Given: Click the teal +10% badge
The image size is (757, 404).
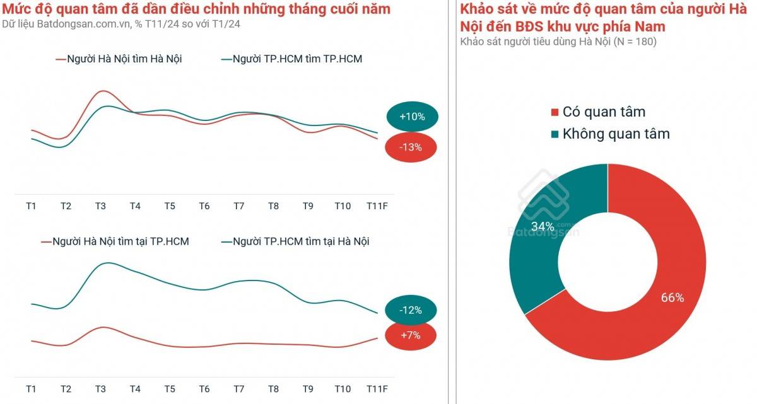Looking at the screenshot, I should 412,117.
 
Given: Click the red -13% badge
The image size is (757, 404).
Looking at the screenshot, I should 411,147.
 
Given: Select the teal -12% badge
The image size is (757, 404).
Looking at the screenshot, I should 410,310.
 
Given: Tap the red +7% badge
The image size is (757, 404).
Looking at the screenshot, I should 410,335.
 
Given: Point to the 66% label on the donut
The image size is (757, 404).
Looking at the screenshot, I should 672,298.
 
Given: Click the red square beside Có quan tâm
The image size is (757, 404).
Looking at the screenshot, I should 555,113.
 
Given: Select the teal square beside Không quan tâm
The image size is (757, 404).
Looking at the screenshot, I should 555,134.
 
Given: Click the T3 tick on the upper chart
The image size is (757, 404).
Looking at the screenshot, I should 100,206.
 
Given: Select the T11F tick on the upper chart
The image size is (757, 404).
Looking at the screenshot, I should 377,206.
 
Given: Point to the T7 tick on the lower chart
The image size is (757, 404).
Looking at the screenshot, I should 238,389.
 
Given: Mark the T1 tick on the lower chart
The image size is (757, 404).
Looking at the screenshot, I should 31,389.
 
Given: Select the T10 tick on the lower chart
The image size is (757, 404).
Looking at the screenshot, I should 342,389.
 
